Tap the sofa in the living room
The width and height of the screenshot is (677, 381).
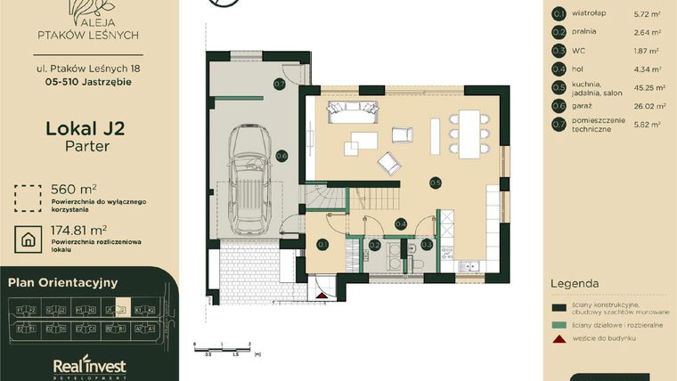pyautogui.click(x=352, y=111)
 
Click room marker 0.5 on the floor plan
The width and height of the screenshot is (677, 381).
pyautogui.click(x=435, y=183)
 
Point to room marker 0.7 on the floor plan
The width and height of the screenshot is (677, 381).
pyautogui.click(x=279, y=85)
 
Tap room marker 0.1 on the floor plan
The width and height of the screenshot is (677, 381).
pyautogui.click(x=322, y=244)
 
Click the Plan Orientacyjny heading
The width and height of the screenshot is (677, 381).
pyautogui.click(x=63, y=282)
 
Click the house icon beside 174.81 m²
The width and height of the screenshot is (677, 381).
pyautogui.click(x=29, y=239)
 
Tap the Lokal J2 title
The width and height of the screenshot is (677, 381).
pyautogui.click(x=85, y=129)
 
